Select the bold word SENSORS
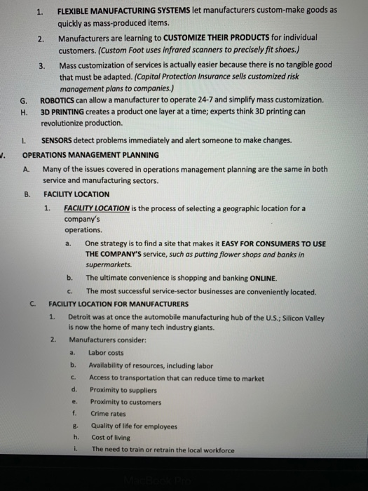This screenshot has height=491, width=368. point(58,140)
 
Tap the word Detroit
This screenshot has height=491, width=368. point(81,318)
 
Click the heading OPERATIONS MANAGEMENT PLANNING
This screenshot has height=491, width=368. point(90,155)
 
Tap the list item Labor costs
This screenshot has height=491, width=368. point(106,353)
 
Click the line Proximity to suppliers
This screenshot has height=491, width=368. point(123,390)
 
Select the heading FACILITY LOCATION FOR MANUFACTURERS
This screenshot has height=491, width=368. point(118,304)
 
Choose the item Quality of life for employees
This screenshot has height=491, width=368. point(134,426)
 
